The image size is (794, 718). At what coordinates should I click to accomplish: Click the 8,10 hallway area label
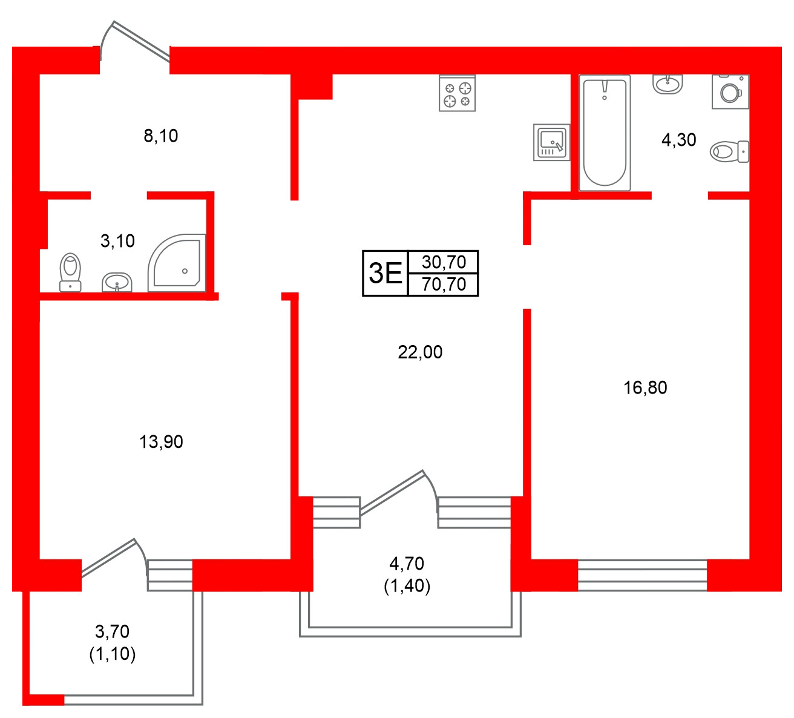coord(161,136)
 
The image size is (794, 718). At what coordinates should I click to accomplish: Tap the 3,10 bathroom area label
coord(117,241)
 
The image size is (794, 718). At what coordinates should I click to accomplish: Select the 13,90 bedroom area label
coord(161,442)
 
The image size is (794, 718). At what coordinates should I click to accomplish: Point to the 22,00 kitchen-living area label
coord(420,352)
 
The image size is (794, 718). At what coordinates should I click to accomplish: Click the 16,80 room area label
coord(645,387)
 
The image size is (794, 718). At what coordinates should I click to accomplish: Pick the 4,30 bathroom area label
coord(679,140)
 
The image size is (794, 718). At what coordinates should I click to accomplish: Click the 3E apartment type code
coord(386,273)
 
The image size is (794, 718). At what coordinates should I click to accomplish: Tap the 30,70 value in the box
coord(444,262)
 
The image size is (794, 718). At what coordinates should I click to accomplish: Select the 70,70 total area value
coord(444,284)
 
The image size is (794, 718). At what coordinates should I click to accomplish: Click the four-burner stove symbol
coord(457,94)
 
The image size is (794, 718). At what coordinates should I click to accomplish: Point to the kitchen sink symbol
coord(551,142)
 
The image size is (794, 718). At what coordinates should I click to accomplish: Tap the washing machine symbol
coord(730,91)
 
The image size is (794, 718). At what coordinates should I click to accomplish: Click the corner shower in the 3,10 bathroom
coord(177,263)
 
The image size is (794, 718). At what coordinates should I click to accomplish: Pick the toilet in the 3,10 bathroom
coord(71,272)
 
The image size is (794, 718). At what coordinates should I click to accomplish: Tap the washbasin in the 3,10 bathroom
coord(117,282)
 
